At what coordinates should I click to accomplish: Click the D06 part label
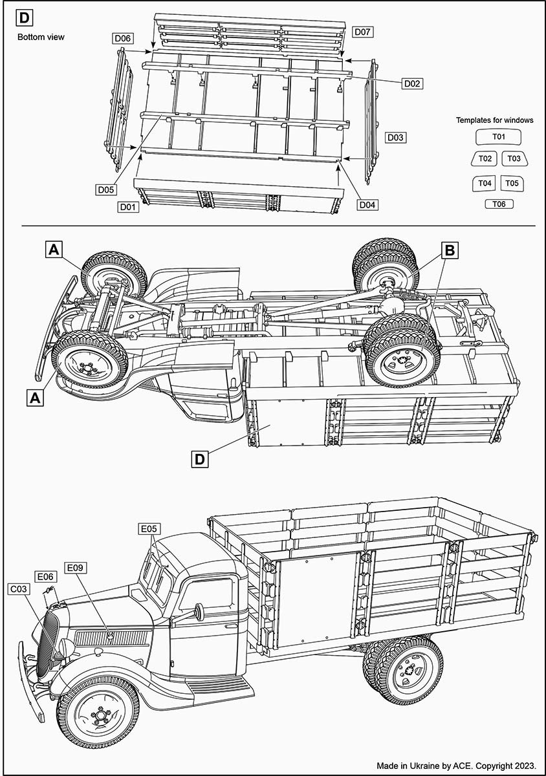[x=123, y=38]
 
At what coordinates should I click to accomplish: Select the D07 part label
[x=363, y=31]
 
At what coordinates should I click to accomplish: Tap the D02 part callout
[x=412, y=83]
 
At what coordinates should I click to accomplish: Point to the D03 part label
[x=395, y=137]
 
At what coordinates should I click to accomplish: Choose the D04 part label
[x=367, y=205]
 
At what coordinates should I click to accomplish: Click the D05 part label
[x=106, y=189]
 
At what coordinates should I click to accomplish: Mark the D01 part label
[x=127, y=207]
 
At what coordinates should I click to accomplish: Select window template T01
[x=498, y=137]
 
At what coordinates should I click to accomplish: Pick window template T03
[x=513, y=158]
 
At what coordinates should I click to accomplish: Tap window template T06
[x=499, y=204]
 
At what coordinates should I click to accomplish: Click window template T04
[x=485, y=184]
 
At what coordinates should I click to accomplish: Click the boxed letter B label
[x=450, y=249]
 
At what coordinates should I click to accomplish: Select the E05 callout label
[x=149, y=529]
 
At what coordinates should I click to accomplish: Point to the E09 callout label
[x=76, y=568]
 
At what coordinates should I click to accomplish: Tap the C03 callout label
[x=17, y=589]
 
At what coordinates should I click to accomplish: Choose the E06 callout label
[x=45, y=576]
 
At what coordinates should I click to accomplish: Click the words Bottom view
[x=41, y=37]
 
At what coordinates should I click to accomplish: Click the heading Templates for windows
[x=494, y=120]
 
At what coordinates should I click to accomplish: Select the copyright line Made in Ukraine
[x=457, y=764]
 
